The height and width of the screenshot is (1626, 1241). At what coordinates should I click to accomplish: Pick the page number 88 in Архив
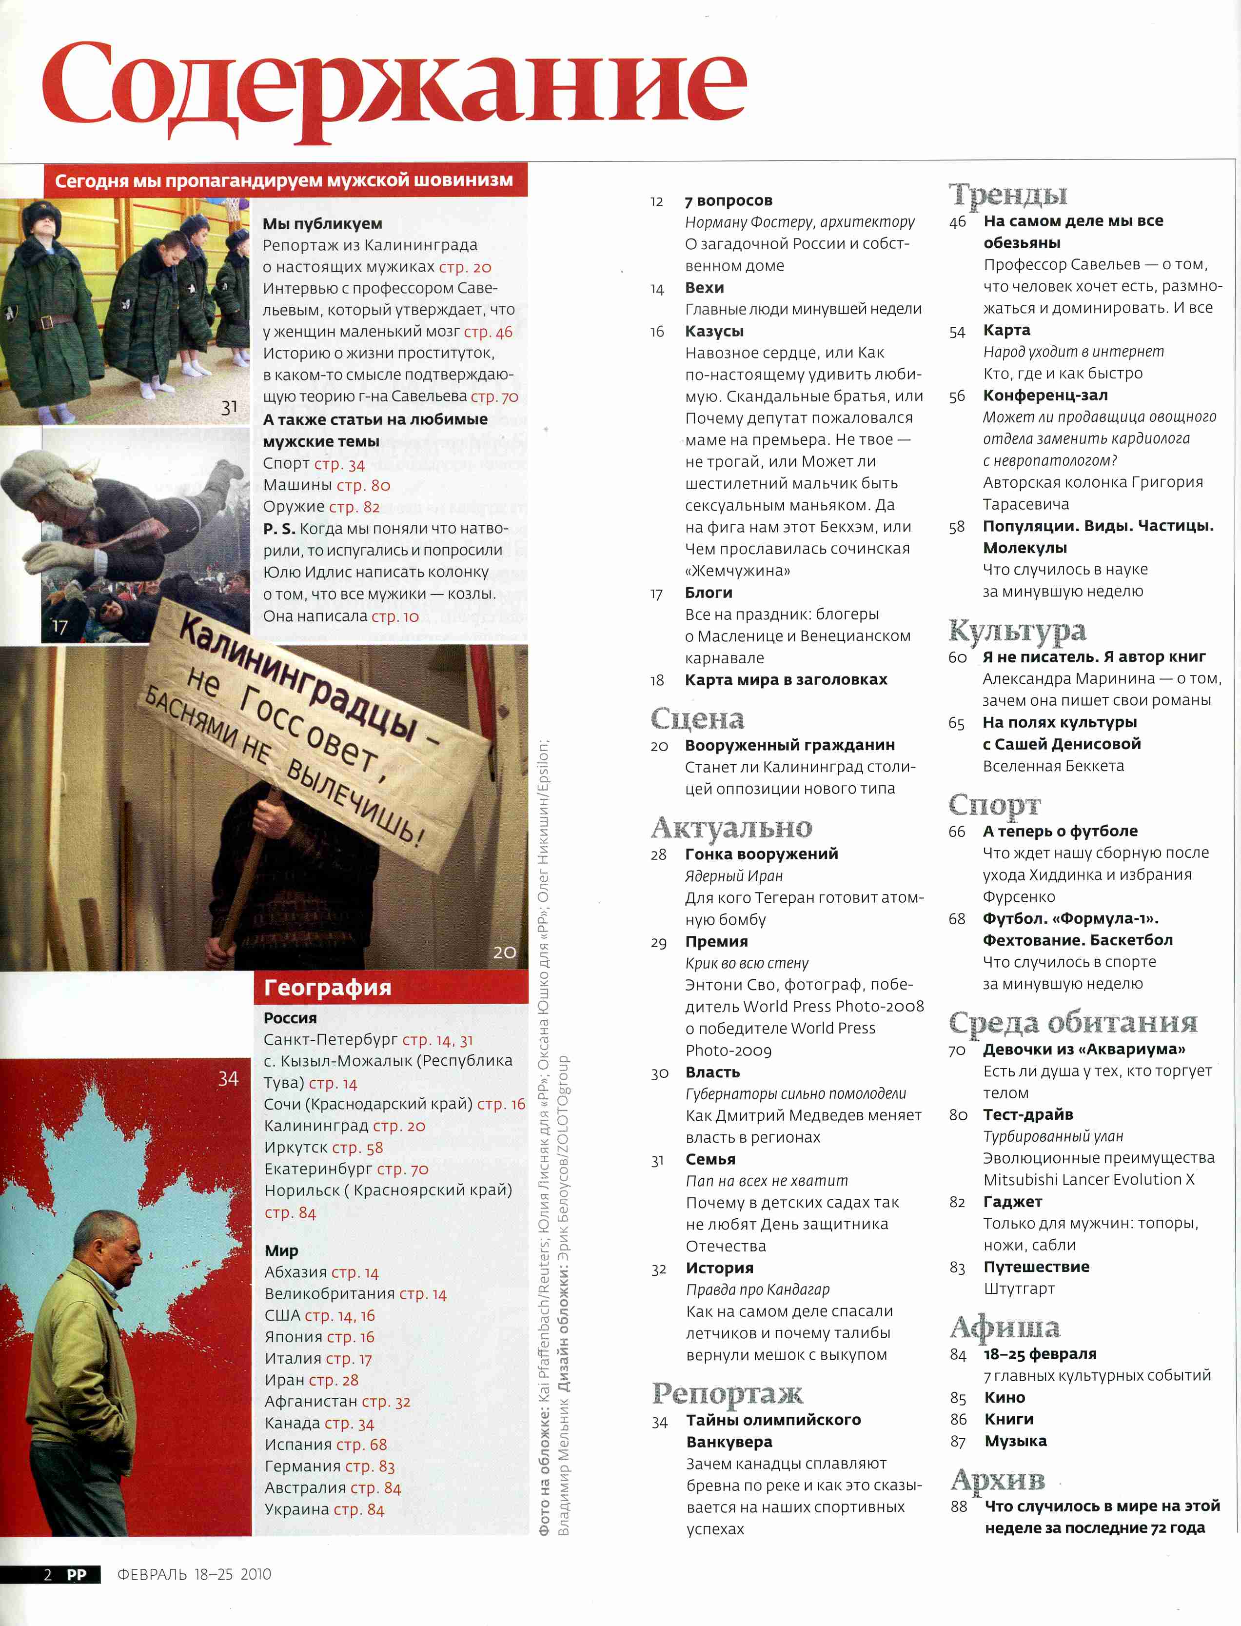click(x=958, y=1507)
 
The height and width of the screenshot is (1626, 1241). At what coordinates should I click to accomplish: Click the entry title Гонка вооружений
click(x=761, y=854)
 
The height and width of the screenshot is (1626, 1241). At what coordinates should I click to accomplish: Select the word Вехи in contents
click(x=704, y=287)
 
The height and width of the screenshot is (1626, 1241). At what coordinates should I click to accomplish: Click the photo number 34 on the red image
click(x=228, y=1079)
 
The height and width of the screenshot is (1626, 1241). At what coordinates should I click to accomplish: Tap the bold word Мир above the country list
click(x=281, y=1250)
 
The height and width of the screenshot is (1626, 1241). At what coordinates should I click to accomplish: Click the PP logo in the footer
click(x=77, y=1574)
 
